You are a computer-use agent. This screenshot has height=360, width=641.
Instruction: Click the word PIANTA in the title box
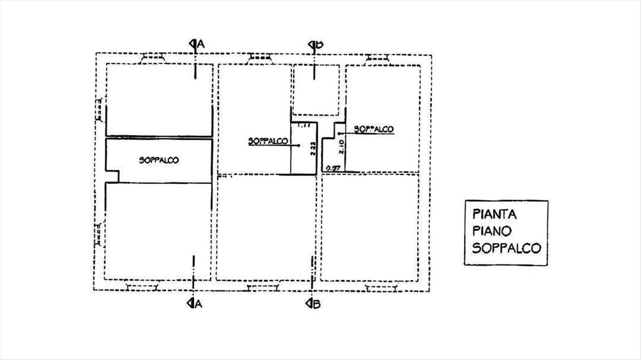pos(495,215)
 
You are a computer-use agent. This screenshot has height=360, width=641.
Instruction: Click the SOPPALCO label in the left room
pos(159,160)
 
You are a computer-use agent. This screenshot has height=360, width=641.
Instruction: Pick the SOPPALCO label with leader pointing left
pos(373,129)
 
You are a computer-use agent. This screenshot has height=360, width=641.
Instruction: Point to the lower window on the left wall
pos(99,234)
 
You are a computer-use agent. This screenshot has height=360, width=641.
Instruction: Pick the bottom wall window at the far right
pos(381,287)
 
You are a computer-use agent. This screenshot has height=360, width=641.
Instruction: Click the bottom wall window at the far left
pos(142,287)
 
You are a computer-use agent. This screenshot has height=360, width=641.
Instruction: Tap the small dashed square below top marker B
pos(315,89)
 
